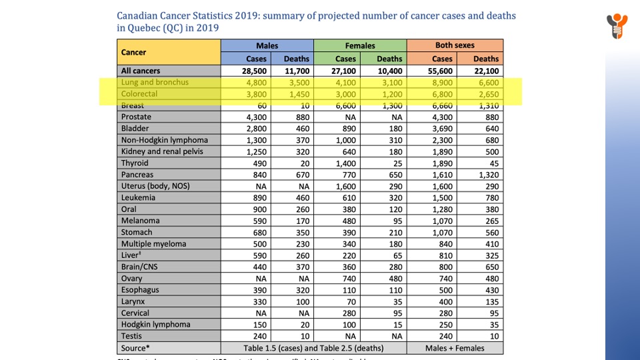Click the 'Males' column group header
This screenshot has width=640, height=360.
coord(267,46)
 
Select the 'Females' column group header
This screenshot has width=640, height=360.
coord(360,46)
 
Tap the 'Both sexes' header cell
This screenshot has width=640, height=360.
coord(455,46)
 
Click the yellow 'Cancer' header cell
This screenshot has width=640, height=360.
coord(134,52)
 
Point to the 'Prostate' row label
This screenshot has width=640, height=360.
coord(136,117)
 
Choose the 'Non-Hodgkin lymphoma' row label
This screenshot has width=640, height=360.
coord(164,140)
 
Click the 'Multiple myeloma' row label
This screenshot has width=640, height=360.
coord(153,244)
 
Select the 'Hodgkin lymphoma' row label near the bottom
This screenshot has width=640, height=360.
coord(155,325)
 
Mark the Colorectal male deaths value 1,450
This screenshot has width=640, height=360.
coord(297,94)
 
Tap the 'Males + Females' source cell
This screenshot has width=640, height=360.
coord(456,348)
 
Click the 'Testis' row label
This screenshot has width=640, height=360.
coord(132,336)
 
